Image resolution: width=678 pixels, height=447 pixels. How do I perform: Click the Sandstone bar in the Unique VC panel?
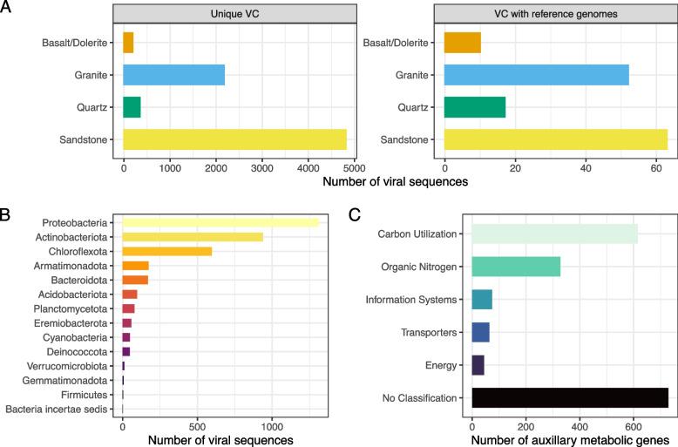(234, 139)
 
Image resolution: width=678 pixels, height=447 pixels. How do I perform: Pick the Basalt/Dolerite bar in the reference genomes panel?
(462, 42)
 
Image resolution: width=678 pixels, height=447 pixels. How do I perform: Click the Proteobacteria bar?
(220, 223)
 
